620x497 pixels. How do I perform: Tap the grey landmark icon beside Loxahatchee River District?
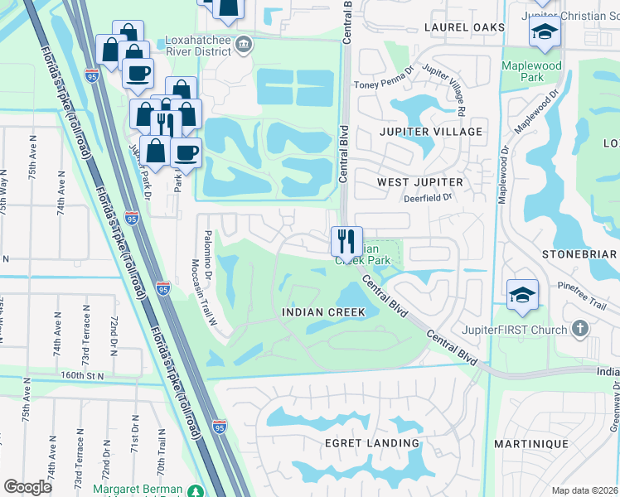243,44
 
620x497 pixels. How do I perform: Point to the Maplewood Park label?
530,71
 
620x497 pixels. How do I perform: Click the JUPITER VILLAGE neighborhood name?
430,132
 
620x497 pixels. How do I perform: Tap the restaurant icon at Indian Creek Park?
346,242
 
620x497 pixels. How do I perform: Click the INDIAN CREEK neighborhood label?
324,312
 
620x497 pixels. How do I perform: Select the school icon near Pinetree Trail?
522,295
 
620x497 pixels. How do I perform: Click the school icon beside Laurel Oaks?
545,32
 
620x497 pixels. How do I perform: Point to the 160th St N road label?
83,375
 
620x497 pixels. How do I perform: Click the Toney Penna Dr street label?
382,84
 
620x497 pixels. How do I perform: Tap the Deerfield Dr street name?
428,198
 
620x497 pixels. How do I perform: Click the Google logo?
27,487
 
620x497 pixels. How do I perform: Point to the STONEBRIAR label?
579,254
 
